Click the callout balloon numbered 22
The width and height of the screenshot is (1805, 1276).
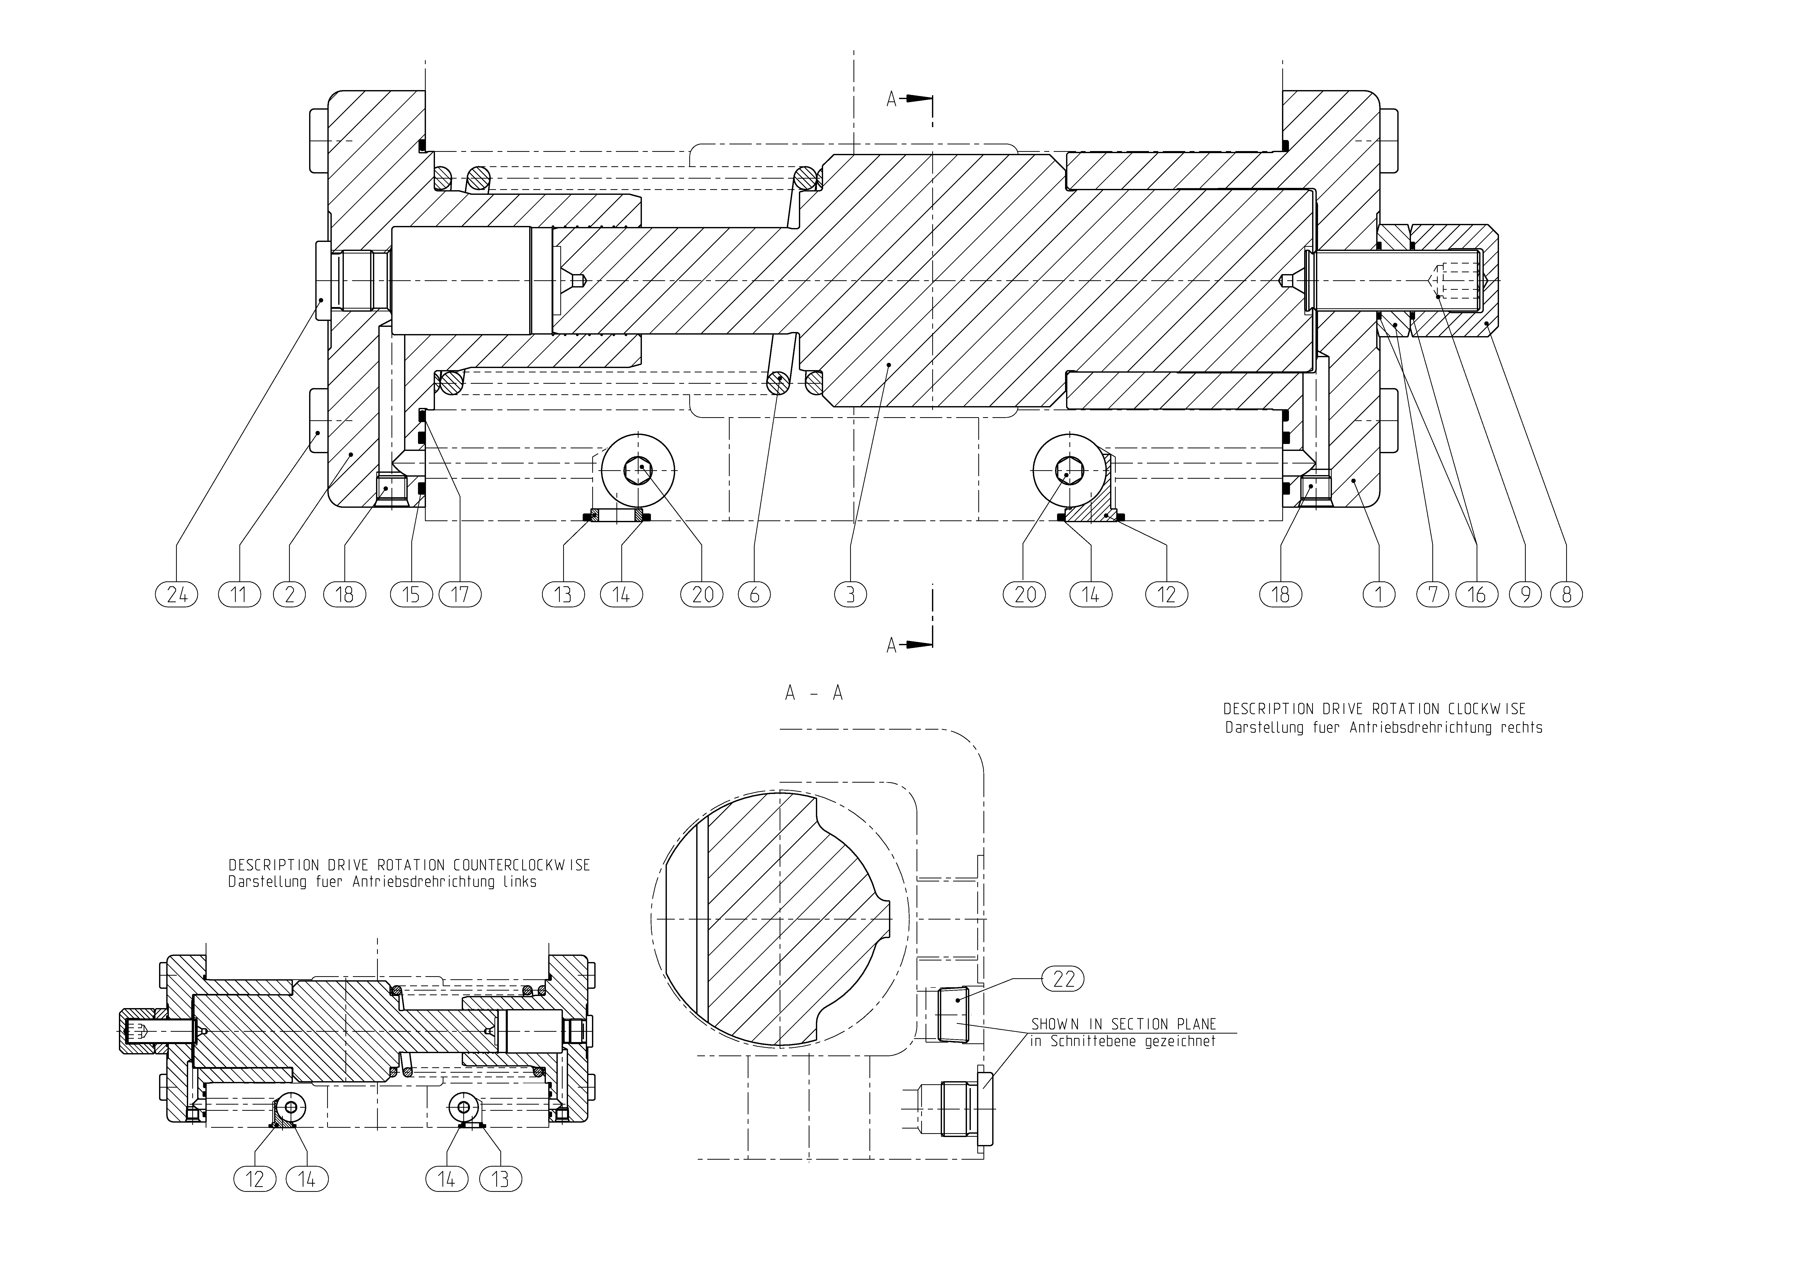coord(1063,979)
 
